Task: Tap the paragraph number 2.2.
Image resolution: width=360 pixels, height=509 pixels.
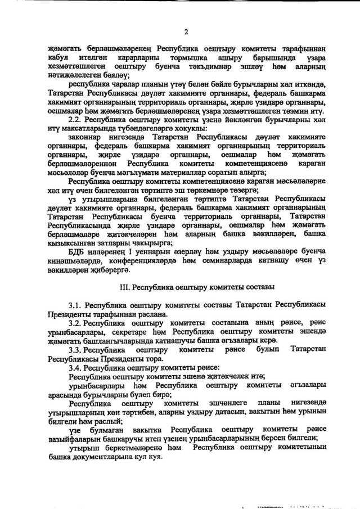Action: [x=75, y=120]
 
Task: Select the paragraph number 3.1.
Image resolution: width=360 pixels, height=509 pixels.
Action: [x=76, y=304]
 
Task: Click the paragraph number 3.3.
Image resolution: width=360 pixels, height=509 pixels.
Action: [x=76, y=350]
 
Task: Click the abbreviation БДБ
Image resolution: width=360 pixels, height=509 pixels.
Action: [x=76, y=251]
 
